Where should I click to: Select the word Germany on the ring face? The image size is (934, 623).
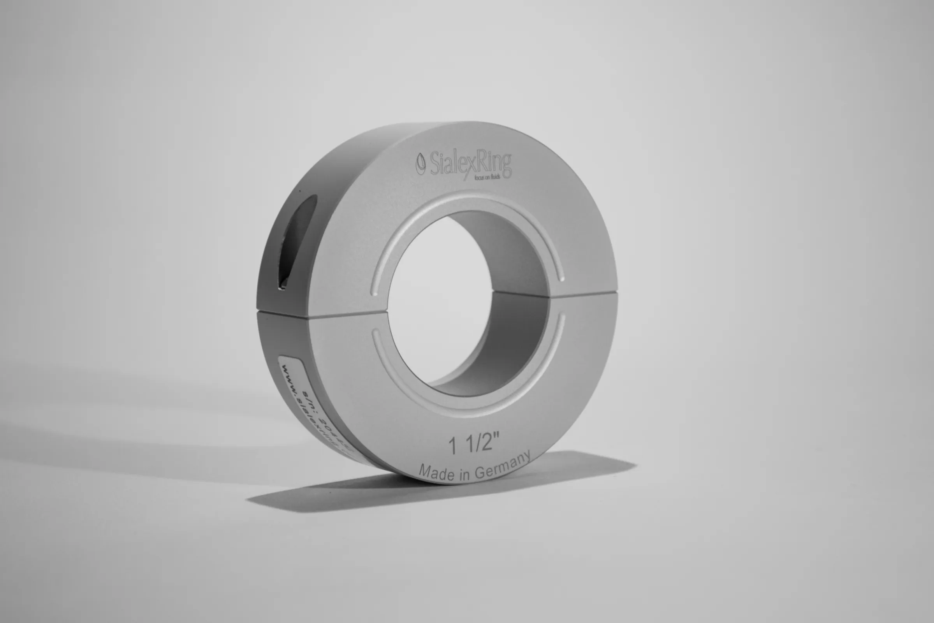(503, 467)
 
